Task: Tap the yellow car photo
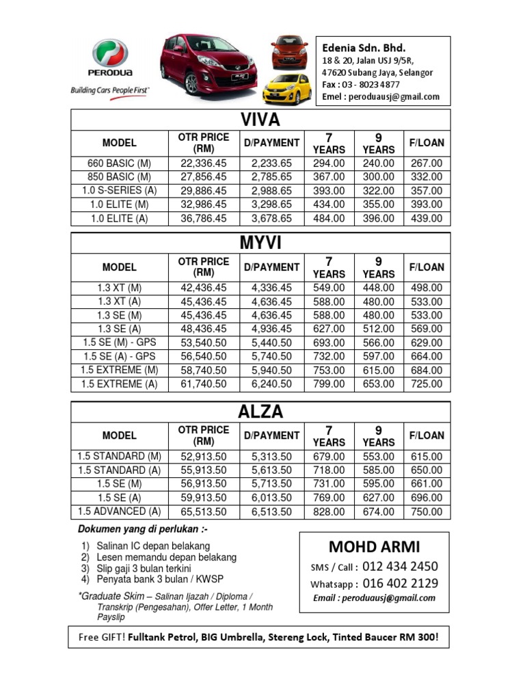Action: point(287,89)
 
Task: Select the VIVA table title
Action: point(260,120)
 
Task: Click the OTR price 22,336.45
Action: point(203,163)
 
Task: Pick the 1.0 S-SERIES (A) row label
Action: point(120,191)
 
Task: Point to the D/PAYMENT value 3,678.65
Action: point(271,219)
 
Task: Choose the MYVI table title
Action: point(260,243)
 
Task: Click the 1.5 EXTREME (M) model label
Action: point(120,370)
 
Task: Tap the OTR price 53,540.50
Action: point(203,342)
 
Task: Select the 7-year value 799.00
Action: point(329,384)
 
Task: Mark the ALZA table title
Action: point(260,412)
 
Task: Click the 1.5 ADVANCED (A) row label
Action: point(120,511)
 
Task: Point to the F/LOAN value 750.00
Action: point(427,511)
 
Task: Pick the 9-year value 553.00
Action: point(379,457)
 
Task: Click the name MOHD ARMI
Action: point(374,546)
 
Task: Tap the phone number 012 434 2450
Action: point(400,566)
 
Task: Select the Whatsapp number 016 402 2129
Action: point(400,583)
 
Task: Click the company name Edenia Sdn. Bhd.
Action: point(364,48)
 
